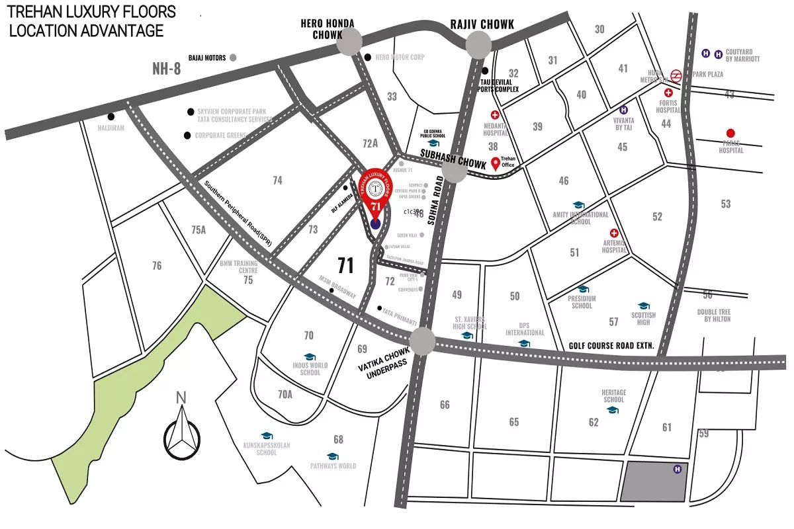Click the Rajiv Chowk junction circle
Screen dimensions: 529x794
478,45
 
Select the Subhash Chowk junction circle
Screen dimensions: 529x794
455,169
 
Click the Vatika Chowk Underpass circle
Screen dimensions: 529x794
423,342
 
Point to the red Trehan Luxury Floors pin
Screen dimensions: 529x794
375,196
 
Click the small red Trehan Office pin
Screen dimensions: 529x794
496,163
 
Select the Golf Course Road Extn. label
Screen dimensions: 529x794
611,345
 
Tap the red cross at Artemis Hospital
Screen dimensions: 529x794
614,233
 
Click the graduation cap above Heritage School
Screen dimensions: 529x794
613,410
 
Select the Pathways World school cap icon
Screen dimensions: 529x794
333,456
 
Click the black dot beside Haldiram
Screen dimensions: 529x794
111,116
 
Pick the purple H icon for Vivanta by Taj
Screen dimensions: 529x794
623,110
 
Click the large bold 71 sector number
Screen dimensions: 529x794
345,266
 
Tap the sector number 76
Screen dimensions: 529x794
156,266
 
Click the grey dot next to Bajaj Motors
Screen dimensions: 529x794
233,58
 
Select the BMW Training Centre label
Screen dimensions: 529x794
239,266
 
